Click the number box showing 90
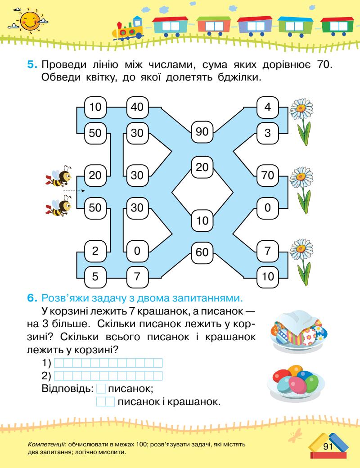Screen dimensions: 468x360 click(x=202, y=132)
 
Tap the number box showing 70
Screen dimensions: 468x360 click(x=268, y=176)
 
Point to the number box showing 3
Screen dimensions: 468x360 click(x=268, y=133)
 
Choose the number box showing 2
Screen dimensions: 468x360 click(x=95, y=251)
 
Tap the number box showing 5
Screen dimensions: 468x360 click(x=95, y=276)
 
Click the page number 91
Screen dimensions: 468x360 click(x=327, y=446)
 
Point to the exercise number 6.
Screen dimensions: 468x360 click(x=31, y=297)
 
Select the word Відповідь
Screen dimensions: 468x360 click(x=68, y=387)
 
